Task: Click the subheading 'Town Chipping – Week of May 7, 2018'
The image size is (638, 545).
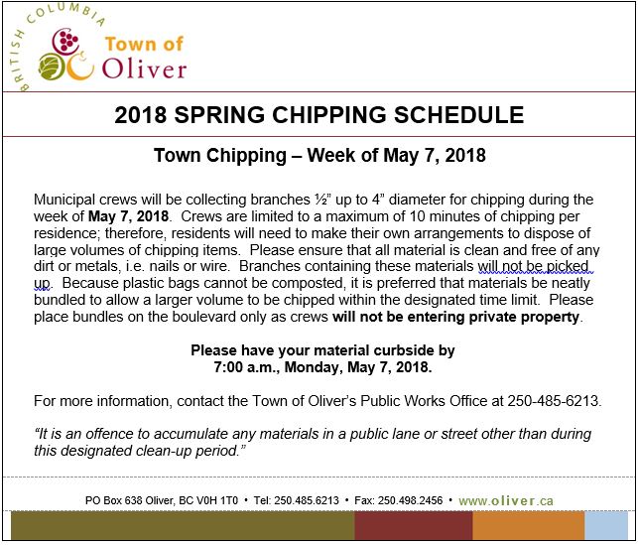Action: point(319,156)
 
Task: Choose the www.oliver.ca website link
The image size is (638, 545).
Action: point(505,500)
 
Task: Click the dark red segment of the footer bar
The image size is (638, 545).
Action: point(412,526)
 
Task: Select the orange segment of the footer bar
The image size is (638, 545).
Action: point(528,526)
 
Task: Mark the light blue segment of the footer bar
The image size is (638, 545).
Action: point(604,526)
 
